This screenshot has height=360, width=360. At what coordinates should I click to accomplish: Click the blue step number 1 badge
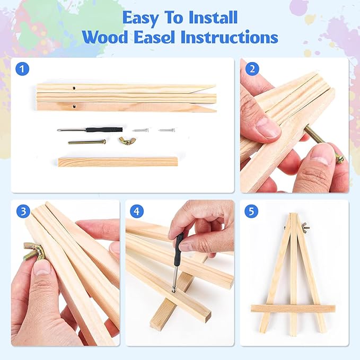[22, 68]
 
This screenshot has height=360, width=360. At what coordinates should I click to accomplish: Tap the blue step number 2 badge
[252, 68]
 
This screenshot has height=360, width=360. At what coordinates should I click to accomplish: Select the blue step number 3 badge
[23, 211]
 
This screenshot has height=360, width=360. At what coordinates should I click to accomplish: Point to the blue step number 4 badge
[137, 211]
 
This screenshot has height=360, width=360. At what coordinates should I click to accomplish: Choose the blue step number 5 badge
[252, 211]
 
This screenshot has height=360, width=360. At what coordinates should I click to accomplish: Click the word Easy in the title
[141, 18]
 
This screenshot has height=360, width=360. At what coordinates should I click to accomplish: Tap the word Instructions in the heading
[230, 37]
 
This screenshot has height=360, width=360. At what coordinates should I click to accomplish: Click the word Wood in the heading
[105, 37]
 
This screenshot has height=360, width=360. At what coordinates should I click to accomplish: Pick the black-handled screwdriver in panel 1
[90, 130]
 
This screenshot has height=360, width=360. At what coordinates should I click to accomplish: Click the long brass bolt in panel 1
[87, 142]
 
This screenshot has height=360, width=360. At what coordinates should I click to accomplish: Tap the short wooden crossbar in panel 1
[118, 162]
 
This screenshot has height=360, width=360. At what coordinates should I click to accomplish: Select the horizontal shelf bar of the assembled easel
[293, 309]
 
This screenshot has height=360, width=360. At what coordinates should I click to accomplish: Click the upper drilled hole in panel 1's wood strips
[74, 88]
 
